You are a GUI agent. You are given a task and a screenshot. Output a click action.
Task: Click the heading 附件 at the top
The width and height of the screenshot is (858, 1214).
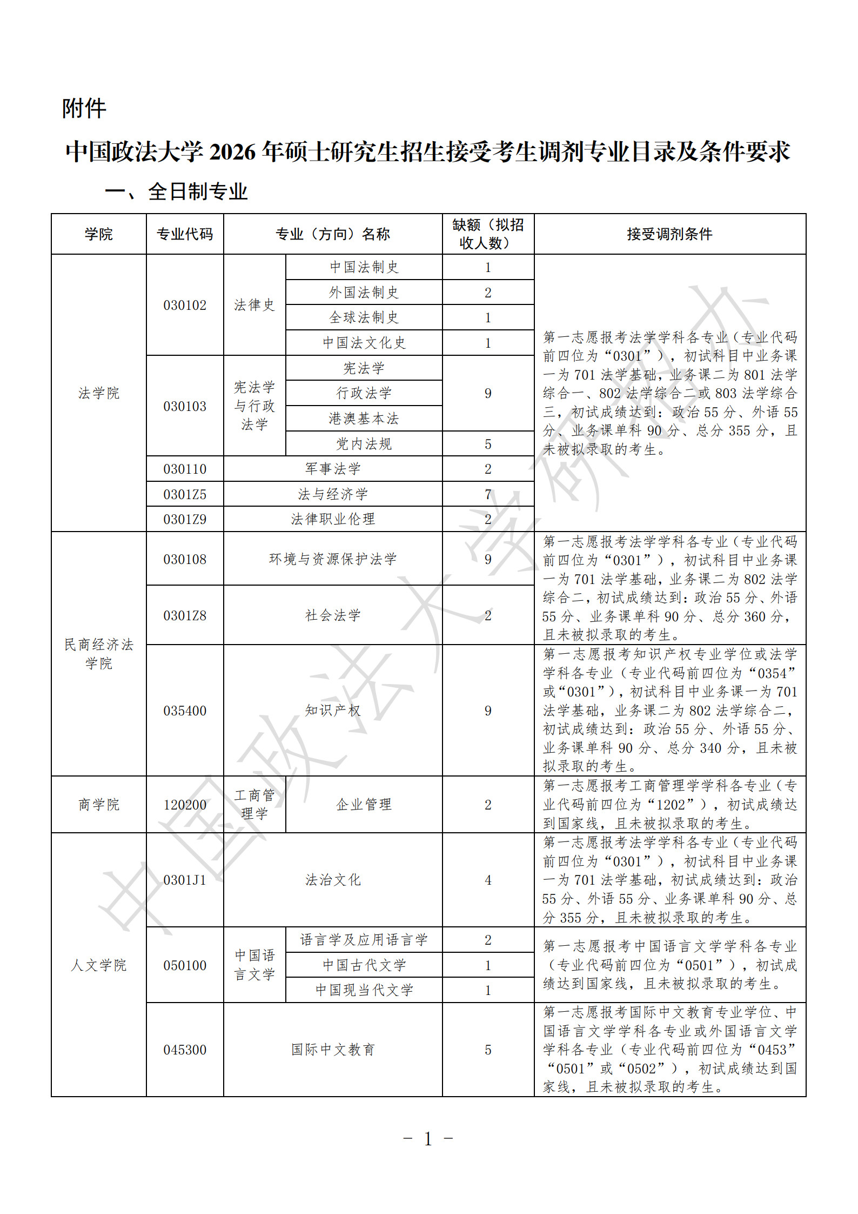84,109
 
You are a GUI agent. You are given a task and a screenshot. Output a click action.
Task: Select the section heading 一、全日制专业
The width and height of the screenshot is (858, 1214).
176,192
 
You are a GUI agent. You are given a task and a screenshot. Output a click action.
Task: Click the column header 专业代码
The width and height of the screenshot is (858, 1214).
185,234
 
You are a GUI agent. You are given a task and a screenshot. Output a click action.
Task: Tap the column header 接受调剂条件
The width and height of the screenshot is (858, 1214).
669,234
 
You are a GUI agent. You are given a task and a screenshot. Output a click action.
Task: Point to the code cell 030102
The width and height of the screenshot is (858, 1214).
185,305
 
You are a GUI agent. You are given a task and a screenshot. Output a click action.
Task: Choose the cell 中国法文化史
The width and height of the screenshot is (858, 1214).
364,343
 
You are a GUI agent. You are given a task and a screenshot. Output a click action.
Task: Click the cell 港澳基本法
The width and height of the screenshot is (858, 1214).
364,419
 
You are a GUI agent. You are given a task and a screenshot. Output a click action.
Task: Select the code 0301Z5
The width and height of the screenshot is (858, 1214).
185,494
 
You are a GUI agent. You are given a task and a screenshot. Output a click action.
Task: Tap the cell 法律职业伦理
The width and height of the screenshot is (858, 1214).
333,519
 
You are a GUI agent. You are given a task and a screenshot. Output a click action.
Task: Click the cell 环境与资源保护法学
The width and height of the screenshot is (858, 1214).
333,559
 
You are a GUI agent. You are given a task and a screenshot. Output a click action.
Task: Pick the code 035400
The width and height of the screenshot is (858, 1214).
185,711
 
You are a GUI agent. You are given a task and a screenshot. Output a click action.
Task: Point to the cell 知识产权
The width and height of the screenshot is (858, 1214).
333,711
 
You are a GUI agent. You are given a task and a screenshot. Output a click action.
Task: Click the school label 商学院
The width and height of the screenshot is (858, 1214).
98,805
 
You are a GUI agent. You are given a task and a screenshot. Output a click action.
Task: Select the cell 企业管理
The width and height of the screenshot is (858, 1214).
364,805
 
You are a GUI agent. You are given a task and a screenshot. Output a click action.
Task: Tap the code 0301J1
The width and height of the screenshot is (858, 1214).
185,880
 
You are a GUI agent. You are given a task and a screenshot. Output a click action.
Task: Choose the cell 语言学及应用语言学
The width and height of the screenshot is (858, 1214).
364,940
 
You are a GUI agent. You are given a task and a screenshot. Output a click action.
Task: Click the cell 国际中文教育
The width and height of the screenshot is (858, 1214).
333,1050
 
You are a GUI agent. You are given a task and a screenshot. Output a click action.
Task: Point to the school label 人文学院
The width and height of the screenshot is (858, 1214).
98,965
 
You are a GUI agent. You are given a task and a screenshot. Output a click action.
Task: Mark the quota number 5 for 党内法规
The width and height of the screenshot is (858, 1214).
488,444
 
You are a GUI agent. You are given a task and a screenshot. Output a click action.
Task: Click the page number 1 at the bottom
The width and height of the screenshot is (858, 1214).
428,1139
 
